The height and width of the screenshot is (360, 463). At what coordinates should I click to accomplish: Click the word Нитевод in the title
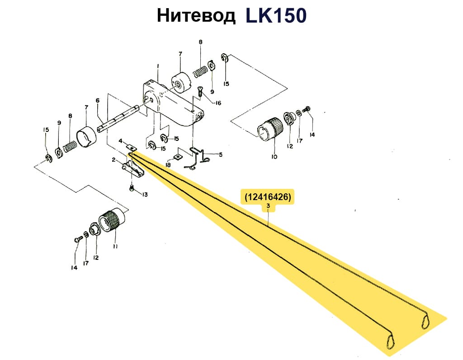point(196,16)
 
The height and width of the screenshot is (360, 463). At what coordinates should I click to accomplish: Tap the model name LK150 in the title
point(276,16)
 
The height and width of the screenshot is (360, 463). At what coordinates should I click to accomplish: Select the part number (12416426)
point(268,197)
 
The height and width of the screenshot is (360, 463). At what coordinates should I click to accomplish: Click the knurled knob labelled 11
point(113,220)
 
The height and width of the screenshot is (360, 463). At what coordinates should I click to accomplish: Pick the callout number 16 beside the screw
point(218,103)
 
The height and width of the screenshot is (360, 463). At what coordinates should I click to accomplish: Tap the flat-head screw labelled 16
point(200,92)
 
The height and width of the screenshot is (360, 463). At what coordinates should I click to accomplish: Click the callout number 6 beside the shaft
point(97,100)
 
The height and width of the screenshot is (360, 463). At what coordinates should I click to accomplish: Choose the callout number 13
point(145,195)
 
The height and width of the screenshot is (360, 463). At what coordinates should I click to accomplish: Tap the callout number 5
point(221,154)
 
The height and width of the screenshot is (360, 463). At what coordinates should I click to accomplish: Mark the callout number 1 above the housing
point(158,66)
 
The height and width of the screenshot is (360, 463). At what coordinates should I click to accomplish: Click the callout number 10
point(274,157)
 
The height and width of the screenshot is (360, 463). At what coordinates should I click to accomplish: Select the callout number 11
point(115,246)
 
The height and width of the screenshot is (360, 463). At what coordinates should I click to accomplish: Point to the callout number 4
point(121,141)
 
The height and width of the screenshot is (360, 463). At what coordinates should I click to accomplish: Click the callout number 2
point(114,159)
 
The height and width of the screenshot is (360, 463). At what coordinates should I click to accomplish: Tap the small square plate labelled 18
point(178,158)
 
